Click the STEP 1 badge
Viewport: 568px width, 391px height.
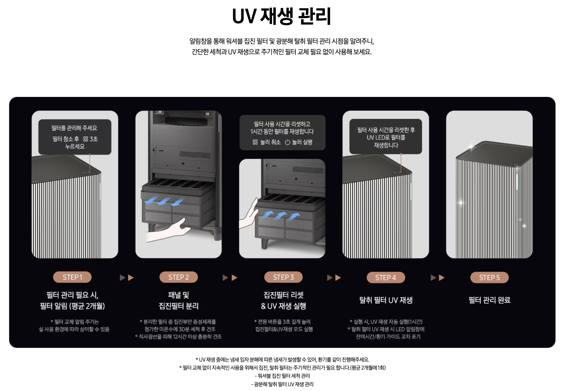[x=72, y=277]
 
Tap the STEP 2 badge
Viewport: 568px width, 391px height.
[x=179, y=277]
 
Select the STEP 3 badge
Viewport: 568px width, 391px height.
[x=283, y=277]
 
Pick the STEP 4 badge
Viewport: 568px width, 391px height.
[x=386, y=278]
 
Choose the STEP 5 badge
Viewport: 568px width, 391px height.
[x=490, y=278]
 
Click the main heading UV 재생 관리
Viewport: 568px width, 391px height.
[x=282, y=16]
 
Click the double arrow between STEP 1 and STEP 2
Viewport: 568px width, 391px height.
[x=127, y=278]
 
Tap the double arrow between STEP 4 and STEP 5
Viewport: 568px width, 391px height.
[x=438, y=278]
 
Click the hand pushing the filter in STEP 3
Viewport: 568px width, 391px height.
[x=248, y=214]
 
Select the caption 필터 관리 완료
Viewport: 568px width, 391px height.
[x=490, y=300]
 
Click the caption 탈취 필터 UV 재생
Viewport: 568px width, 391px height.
[x=386, y=300]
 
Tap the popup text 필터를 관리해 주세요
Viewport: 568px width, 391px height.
[x=74, y=128]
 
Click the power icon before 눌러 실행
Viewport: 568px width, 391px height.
[x=287, y=142]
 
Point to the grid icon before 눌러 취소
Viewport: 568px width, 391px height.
[x=255, y=142]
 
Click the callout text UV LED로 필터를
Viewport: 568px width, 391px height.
[x=386, y=138]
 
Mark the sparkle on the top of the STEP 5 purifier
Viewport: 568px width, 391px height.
[x=472, y=146]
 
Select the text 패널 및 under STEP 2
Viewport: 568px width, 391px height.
[x=179, y=295]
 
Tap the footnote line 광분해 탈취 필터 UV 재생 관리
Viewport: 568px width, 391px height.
[x=282, y=384]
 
